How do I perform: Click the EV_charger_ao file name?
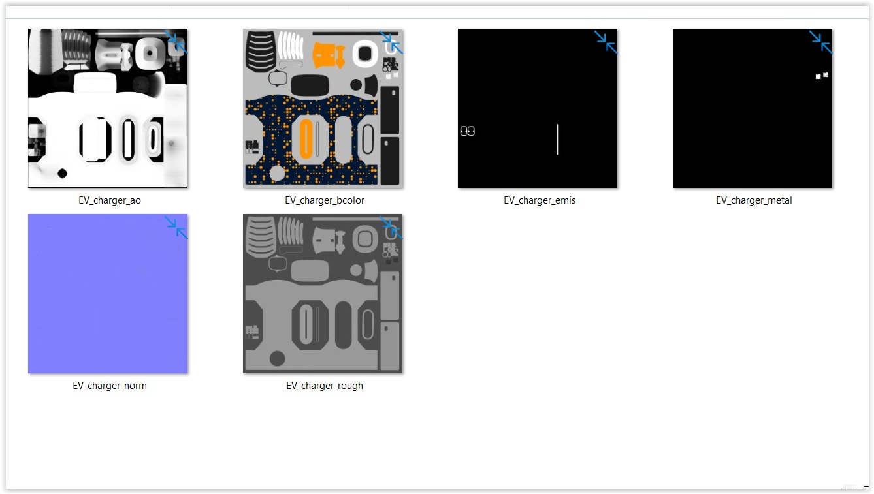[110, 200]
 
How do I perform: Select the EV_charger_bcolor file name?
[325, 200]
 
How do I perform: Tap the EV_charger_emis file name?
[540, 200]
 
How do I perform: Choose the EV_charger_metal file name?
[754, 200]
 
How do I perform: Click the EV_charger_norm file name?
[110, 386]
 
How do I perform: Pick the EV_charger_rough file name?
[325, 386]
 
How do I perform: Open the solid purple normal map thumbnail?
[108, 294]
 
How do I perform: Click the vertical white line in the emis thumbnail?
[558, 139]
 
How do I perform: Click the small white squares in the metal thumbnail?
[822, 76]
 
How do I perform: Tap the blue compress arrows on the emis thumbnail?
[606, 42]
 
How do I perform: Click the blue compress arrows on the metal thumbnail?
[821, 42]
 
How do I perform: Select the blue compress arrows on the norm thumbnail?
[176, 227]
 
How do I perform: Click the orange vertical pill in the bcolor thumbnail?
[306, 139]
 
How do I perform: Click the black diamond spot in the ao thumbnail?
[63, 173]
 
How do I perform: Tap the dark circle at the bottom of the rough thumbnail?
[278, 359]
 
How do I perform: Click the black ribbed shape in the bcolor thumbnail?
[260, 52]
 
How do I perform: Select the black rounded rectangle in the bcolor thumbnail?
[310, 85]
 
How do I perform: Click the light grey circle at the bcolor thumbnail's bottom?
[278, 174]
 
